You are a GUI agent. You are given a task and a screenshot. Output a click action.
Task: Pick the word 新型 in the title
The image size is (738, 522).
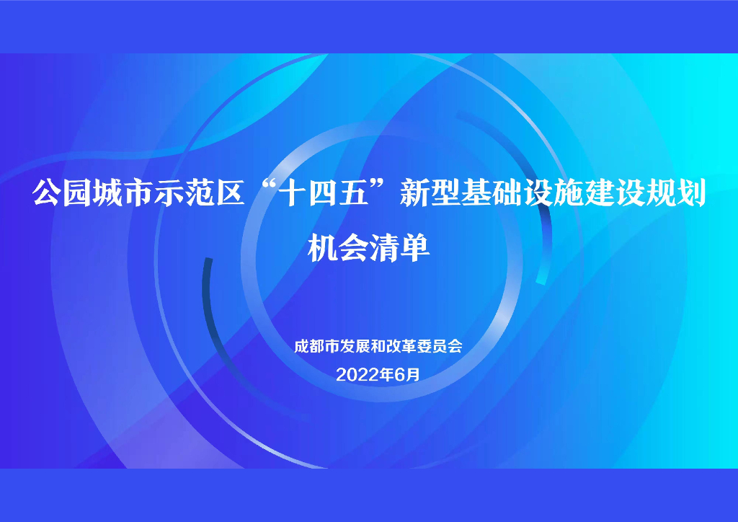click(430, 194)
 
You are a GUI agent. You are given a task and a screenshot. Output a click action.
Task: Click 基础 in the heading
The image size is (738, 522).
click(491, 194)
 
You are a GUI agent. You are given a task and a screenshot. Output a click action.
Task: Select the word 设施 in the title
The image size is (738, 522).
click(553, 194)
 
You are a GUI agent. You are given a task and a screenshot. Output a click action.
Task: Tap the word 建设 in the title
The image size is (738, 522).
click(613, 194)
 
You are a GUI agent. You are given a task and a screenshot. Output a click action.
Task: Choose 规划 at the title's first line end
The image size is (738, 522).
click(675, 194)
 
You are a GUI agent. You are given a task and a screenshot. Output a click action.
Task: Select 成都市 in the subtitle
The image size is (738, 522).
click(316, 346)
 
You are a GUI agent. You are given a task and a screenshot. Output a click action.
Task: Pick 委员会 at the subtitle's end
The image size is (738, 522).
click(437, 346)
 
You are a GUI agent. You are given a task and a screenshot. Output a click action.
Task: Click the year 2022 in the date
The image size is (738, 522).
click(353, 374)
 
